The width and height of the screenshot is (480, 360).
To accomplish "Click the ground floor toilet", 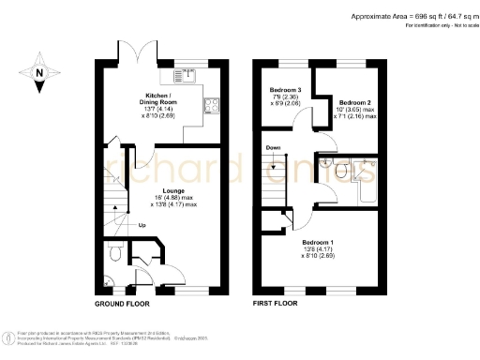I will coord(113,253).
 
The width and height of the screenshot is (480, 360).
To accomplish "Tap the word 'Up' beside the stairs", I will coord(142,226).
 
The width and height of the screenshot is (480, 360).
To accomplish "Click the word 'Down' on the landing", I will coord(273,147).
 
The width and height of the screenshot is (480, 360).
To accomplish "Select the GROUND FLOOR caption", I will coord(123,305).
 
